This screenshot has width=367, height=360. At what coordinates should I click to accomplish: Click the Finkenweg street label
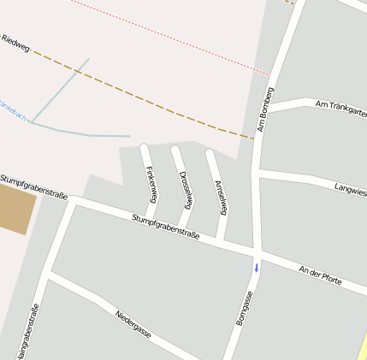(x=152, y=180)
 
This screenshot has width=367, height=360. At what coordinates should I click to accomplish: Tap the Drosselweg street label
(x=186, y=189)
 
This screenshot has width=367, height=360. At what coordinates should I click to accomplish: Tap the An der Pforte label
(x=320, y=274)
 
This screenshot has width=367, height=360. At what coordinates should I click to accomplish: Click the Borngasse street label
(x=245, y=308)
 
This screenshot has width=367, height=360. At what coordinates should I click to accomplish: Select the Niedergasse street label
(x=133, y=324)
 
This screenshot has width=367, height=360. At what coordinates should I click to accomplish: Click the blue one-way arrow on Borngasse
(x=256, y=269)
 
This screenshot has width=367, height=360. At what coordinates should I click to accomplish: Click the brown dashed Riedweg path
(x=137, y=94)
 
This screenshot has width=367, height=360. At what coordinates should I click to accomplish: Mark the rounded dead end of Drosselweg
(x=175, y=150)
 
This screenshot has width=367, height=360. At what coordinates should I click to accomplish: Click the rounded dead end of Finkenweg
(x=145, y=148)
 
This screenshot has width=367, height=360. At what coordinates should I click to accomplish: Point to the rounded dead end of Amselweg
(x=210, y=154)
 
